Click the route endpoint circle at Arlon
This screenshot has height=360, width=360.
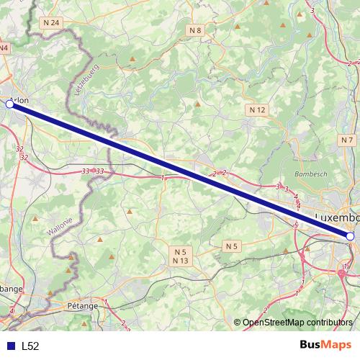tap(9, 104)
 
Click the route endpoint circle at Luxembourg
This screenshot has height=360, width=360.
tap(350, 236)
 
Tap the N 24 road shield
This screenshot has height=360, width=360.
tap(51, 23)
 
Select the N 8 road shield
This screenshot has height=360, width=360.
tap(196, 30)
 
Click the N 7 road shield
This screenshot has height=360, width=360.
tap(348, 140)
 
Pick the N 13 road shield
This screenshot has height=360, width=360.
tap(180, 260)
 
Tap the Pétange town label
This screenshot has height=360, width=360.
tap(83, 305)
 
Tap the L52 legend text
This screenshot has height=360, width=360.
tap(30, 346)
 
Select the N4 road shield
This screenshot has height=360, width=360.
tap(4, 48)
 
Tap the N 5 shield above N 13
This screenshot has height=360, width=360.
tap(180, 251)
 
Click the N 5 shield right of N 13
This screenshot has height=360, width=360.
tap(230, 246)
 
